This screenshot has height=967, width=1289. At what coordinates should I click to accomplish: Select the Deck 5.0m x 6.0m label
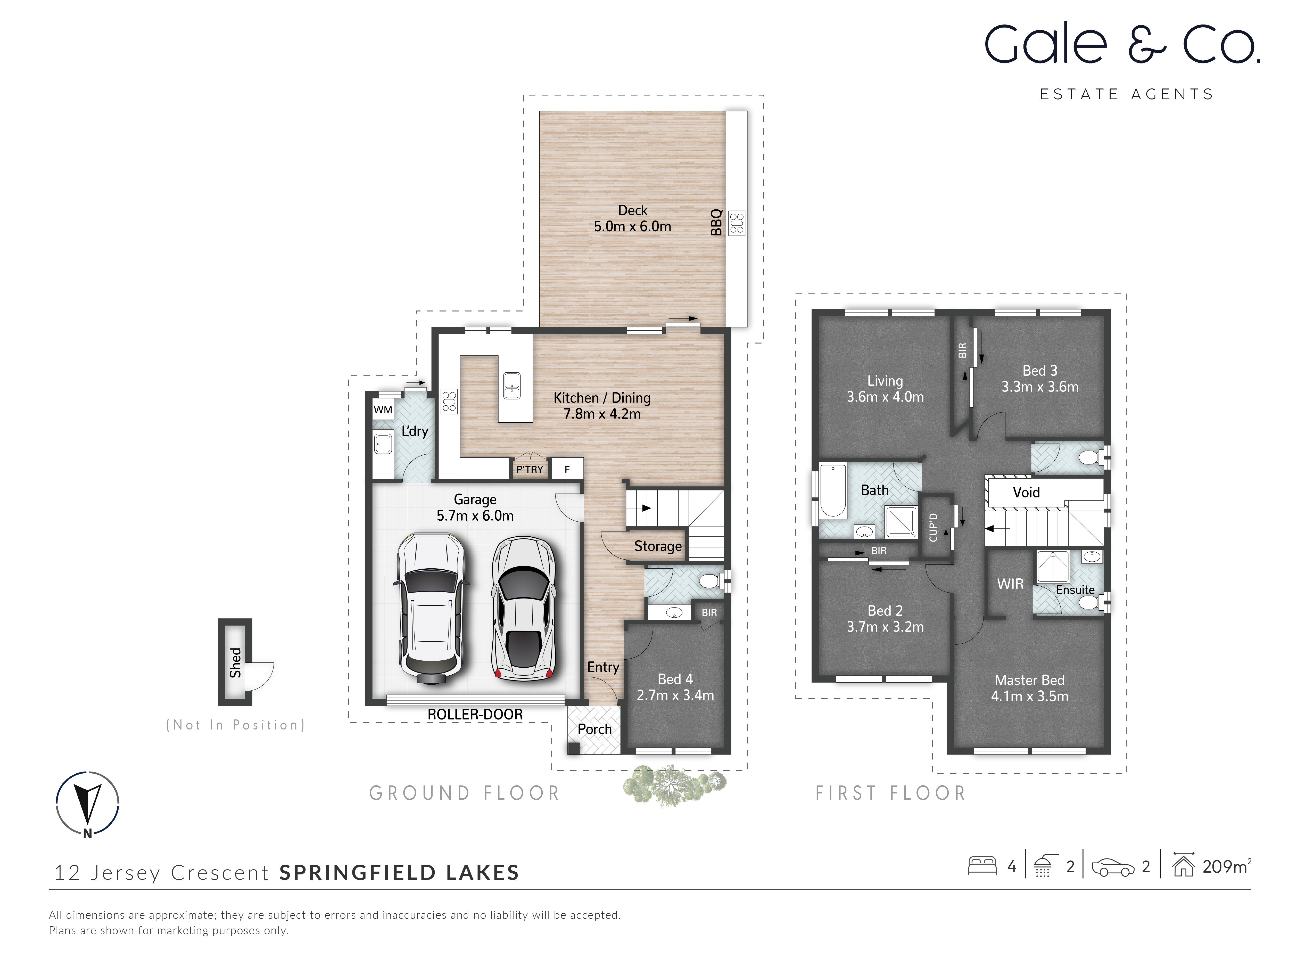tap(632, 219)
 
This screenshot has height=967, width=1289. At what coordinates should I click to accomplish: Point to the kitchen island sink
tap(512, 385)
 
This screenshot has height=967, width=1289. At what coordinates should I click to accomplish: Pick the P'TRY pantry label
tap(529, 469)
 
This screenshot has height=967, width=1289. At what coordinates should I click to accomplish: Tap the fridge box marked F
tap(567, 469)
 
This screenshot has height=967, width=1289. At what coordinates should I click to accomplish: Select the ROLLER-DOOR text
tap(475, 715)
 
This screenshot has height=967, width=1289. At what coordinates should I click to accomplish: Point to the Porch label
tap(594, 729)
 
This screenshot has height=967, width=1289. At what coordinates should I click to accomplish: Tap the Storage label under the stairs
tap(657, 546)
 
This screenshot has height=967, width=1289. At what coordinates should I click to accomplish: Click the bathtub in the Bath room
tap(833, 491)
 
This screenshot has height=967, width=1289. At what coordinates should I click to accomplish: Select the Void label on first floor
tap(1026, 493)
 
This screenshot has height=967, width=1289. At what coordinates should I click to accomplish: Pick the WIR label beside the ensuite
tap(1010, 584)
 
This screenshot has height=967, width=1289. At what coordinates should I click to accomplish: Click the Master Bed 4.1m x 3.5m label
tap(1029, 689)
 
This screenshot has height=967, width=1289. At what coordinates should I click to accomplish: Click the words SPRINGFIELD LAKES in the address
tap(399, 873)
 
